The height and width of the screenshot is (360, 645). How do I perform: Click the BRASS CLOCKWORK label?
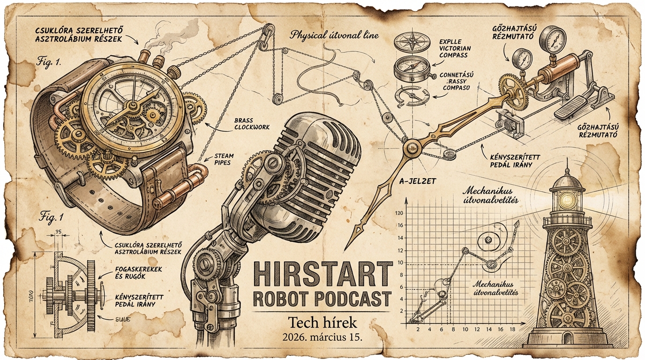click(251, 124)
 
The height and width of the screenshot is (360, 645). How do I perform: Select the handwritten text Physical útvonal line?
click(334, 35)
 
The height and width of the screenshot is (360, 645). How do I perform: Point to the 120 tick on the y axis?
click(399, 214)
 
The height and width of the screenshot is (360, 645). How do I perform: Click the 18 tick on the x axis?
click(512, 330)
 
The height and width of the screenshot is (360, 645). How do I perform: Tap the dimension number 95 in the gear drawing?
click(59, 232)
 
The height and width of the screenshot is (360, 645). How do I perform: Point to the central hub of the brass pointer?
click(411, 147)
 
